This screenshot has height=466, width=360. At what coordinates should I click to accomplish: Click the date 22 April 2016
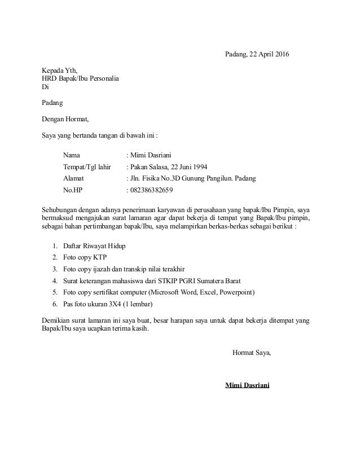click(x=267, y=54)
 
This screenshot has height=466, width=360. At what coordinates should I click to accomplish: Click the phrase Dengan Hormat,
click(x=65, y=119)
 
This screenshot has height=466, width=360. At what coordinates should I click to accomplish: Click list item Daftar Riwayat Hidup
click(x=94, y=247)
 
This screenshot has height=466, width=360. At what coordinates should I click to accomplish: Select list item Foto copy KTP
click(x=85, y=258)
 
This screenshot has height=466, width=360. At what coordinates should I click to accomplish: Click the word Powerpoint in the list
click(x=234, y=292)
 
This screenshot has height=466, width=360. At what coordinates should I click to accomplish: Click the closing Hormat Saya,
click(x=252, y=353)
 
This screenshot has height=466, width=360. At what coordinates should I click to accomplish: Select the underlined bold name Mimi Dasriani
click(x=247, y=385)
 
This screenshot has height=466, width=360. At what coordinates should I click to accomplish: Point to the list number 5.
click(x=54, y=292)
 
